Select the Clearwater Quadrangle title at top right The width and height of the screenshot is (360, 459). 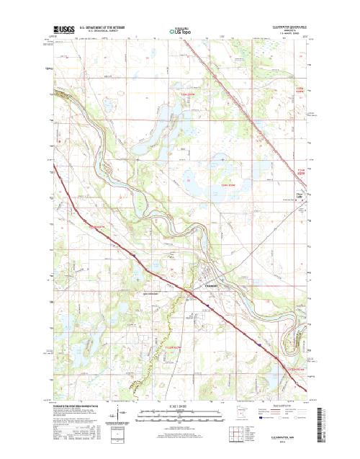coord(287,25)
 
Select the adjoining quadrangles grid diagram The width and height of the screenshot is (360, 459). coord(238,433)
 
